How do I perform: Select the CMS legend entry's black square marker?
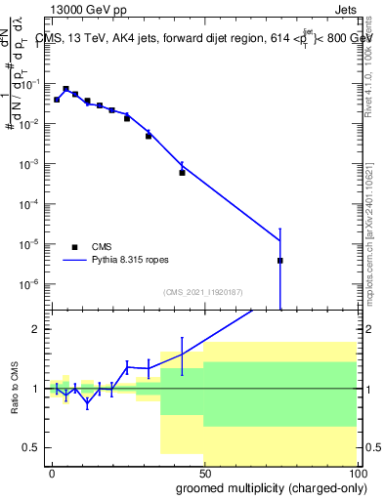pyautogui.click(x=74, y=247)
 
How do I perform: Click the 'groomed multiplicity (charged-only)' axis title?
pyautogui.click(x=267, y=487)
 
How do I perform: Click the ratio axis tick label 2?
pyautogui.click(x=36, y=329)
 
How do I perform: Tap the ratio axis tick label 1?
pyautogui.click(x=36, y=389)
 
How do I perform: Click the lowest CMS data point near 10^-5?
pyautogui.click(x=280, y=261)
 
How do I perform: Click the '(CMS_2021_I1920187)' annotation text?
pyautogui.click(x=202, y=291)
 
